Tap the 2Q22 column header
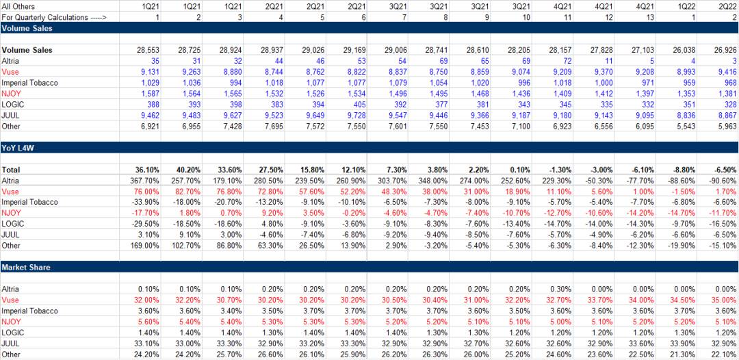pyautogui.click(x=727, y=5)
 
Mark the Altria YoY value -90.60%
pyautogui.click(x=723, y=180)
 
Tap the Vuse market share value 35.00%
pyautogui.click(x=724, y=300)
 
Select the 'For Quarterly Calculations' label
pyautogui.click(x=54, y=16)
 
